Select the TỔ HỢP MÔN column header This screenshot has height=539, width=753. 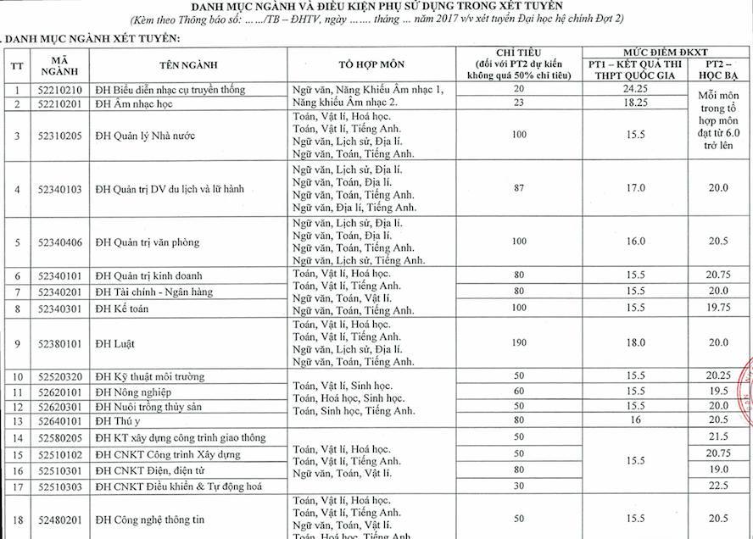371,64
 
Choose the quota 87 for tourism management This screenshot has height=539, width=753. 517,188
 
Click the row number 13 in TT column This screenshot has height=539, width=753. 17,421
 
